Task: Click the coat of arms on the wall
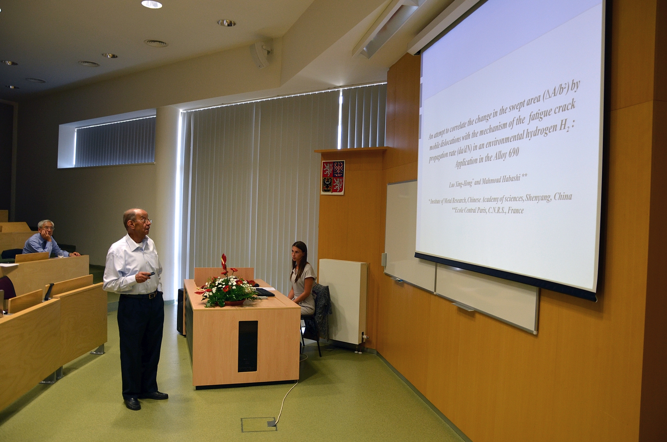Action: (x=332, y=177)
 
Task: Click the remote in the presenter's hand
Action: (x=151, y=274)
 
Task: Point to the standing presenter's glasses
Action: (x=144, y=221)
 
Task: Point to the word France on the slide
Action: (x=516, y=211)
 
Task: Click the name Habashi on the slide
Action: (x=510, y=178)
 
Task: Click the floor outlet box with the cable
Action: (x=259, y=424)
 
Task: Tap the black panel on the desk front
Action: (x=247, y=346)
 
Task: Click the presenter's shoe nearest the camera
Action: (x=133, y=404)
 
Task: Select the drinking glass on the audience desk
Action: (x=61, y=254)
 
